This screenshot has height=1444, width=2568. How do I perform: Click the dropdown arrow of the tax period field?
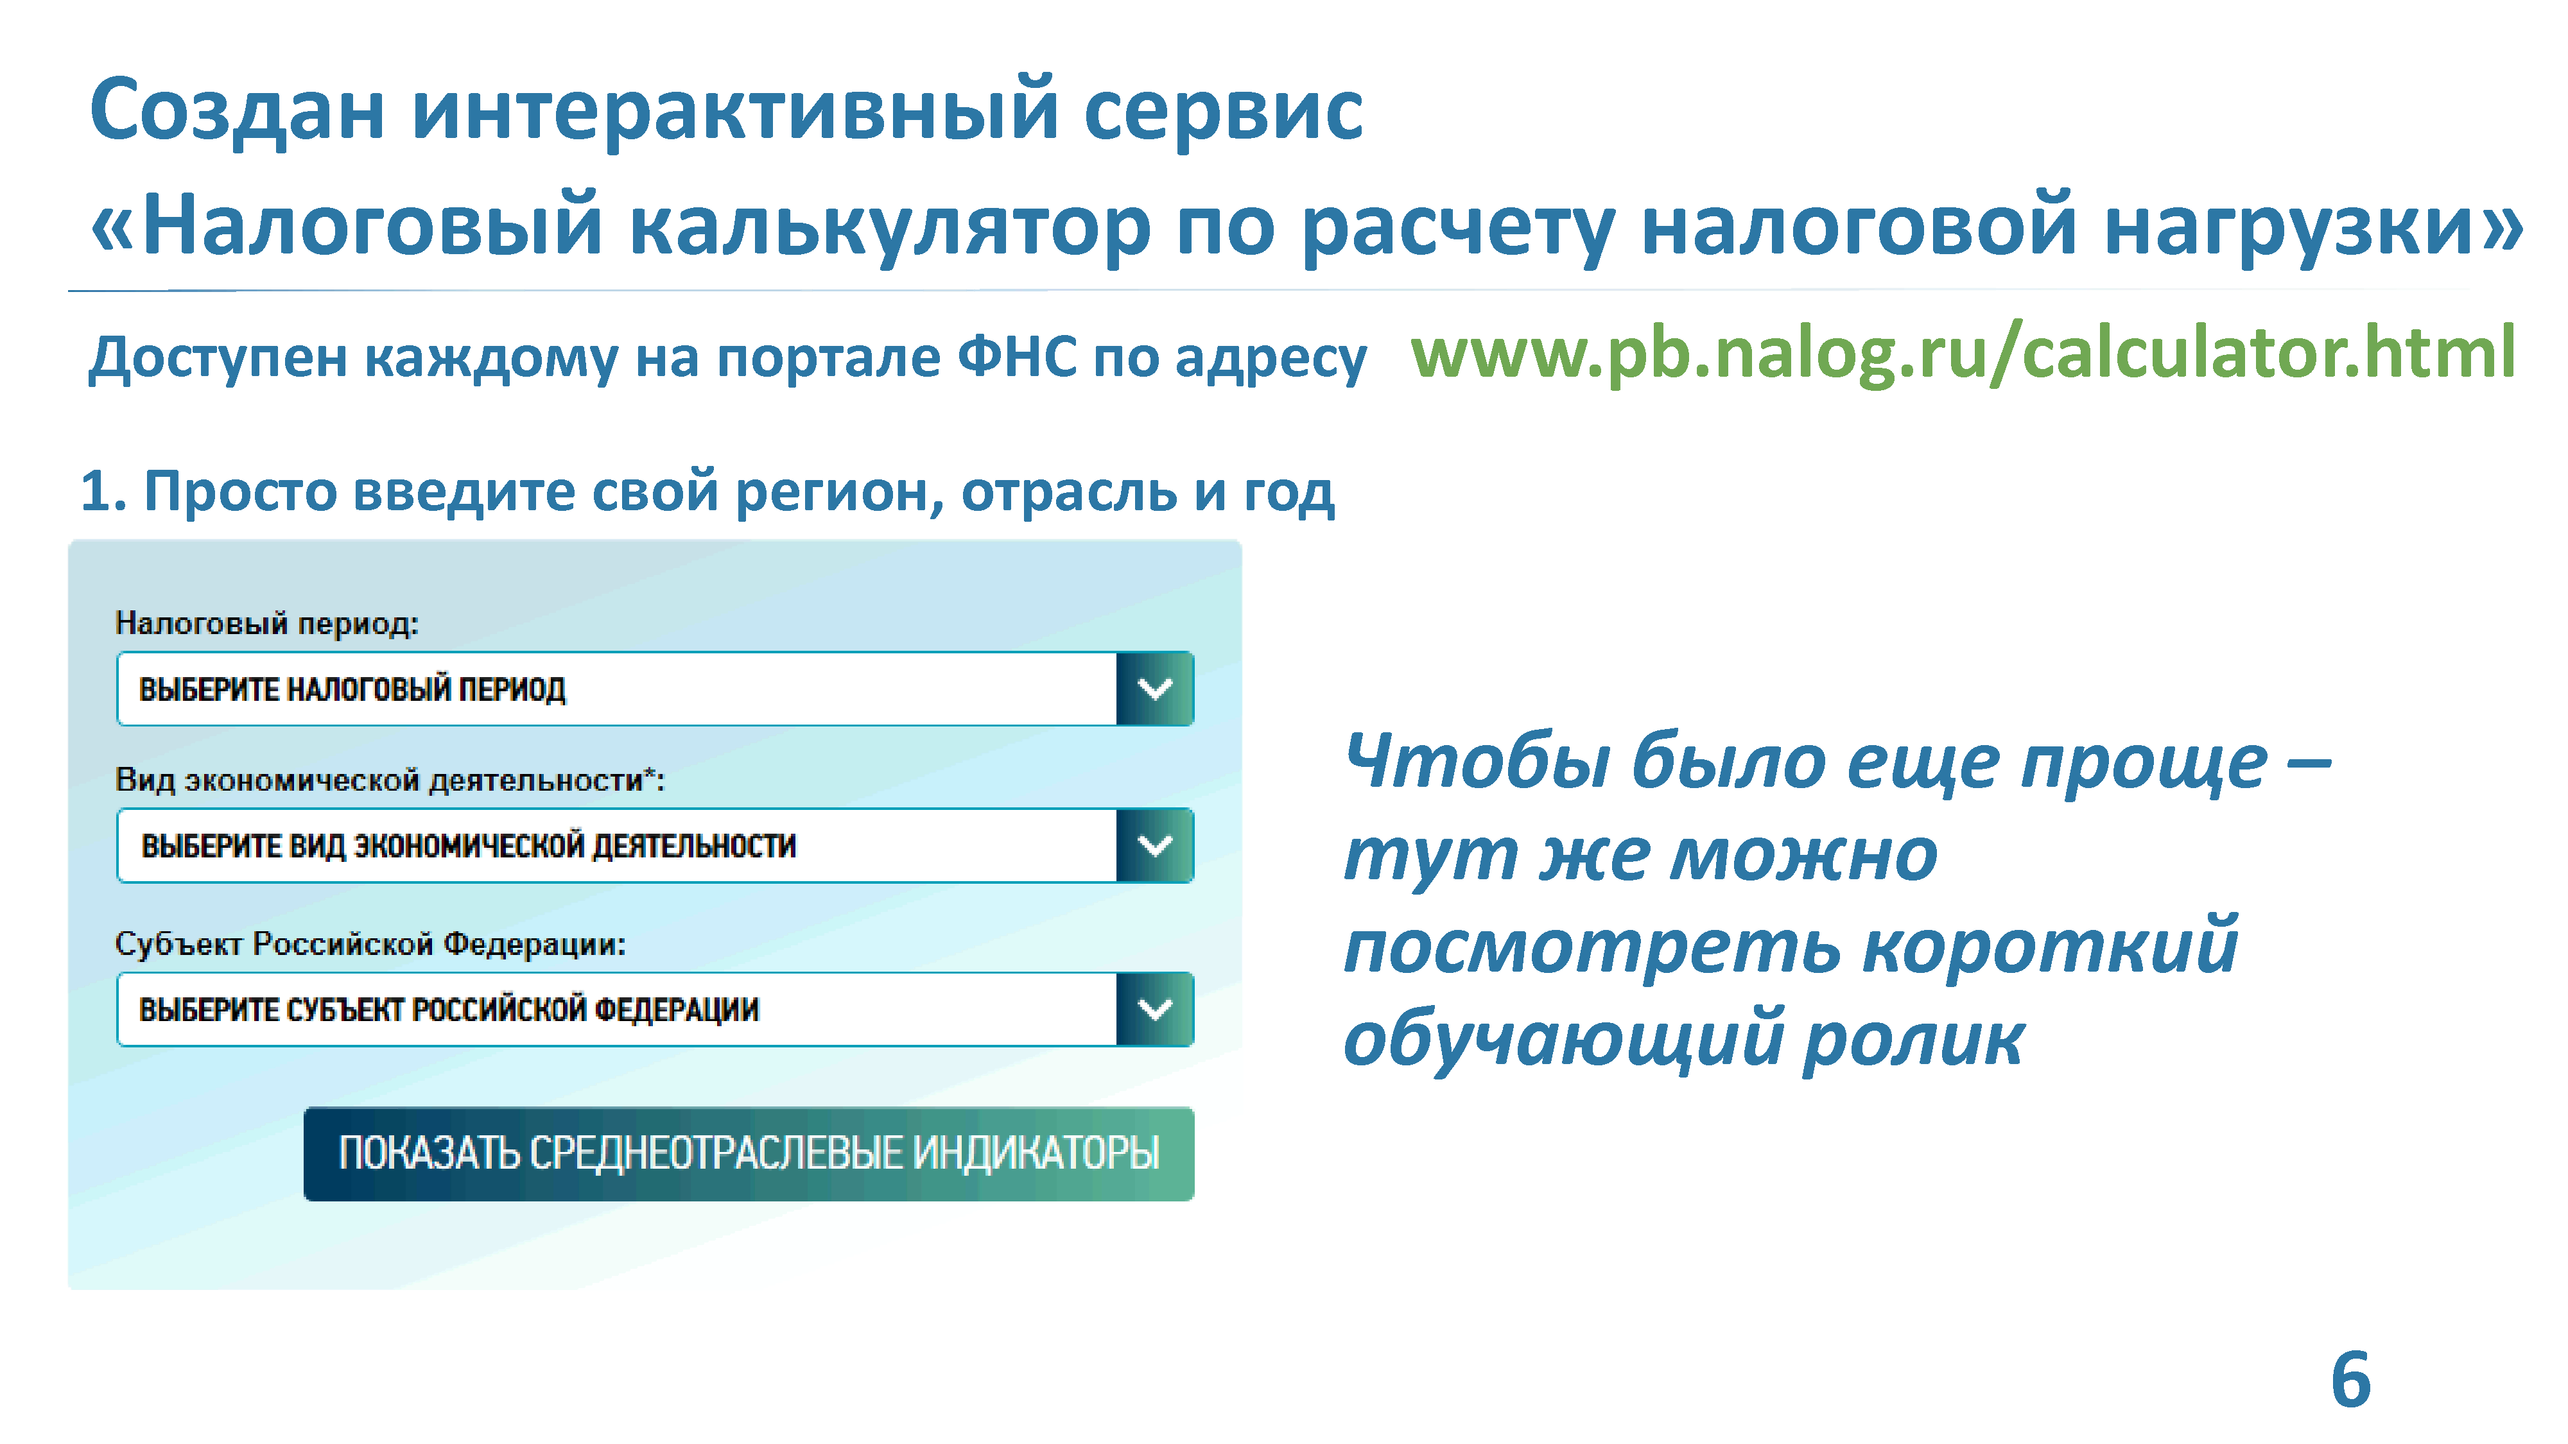[x=1154, y=689]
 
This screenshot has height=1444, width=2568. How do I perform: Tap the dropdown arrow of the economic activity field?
[x=1154, y=845]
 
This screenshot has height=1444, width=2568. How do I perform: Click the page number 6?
[x=2350, y=1380]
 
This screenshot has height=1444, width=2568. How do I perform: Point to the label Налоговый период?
[x=267, y=624]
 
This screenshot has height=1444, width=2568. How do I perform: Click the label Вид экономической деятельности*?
[x=390, y=779]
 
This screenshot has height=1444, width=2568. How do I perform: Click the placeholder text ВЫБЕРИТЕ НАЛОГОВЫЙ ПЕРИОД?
[x=352, y=689]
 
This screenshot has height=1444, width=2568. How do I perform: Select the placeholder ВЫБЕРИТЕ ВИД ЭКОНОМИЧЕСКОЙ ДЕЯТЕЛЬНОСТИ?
[x=469, y=846]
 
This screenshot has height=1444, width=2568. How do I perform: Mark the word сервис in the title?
[x=1223, y=112]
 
